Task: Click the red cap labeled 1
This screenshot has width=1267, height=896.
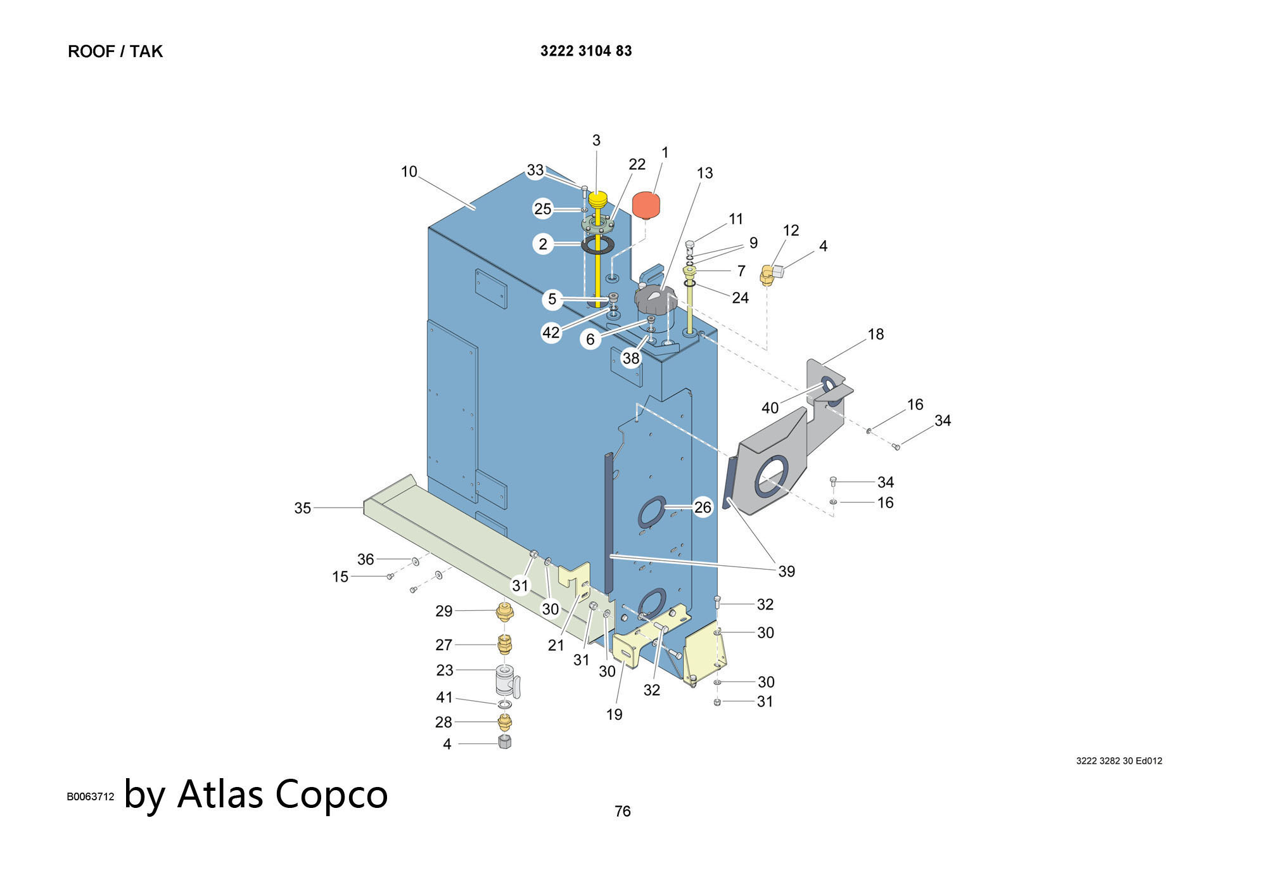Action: coord(646,205)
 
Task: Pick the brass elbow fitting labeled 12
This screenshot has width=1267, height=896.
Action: coord(767,276)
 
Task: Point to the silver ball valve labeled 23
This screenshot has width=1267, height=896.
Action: coord(504,681)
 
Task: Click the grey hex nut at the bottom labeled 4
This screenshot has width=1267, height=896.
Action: coord(505,742)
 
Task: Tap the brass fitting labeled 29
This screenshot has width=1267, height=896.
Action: coord(504,611)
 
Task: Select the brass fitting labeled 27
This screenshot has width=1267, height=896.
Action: coord(504,644)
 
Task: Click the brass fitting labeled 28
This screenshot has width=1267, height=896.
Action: coord(504,721)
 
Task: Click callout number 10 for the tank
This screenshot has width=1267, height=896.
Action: coord(409,172)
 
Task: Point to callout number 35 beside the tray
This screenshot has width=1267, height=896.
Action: coord(303,508)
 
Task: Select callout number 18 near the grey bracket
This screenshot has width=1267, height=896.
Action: coord(875,335)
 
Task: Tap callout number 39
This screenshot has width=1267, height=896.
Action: coord(786,572)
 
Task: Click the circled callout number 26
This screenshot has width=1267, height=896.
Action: coord(703,507)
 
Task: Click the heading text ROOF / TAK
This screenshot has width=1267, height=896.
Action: coord(115,51)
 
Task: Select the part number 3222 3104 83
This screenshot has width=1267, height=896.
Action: coord(586,51)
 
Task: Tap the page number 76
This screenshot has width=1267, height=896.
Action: coord(623,811)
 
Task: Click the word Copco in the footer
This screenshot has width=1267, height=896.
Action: coord(332,794)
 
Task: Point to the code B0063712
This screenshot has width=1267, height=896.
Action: coord(91,797)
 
